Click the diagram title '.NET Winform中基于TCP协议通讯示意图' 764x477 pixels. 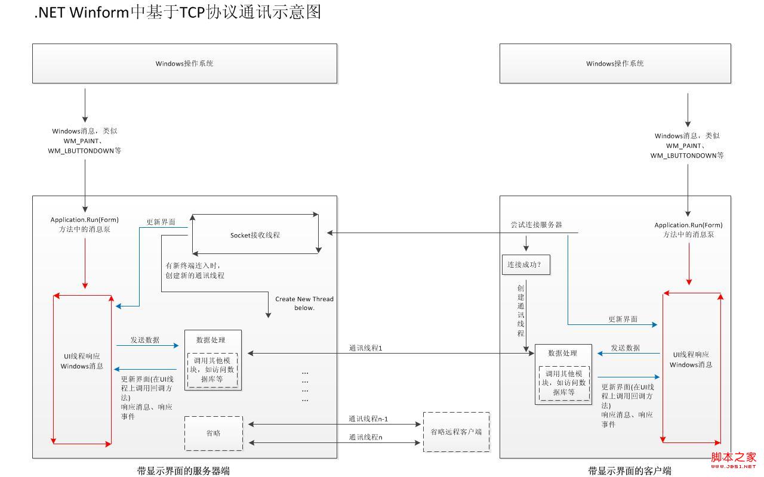coord(177,13)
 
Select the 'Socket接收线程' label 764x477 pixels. coord(255,235)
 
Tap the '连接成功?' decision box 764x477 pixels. coord(526,265)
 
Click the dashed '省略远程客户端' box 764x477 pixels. coord(457,432)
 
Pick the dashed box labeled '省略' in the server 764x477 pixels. coord(214,433)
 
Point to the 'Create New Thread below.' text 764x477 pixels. coord(304,303)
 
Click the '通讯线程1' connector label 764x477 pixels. coord(365,348)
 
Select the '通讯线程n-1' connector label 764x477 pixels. coord(368,419)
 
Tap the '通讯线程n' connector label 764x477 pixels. coord(365,437)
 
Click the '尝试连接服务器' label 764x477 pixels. coord(536,225)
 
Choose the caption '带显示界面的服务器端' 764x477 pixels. coord(183,471)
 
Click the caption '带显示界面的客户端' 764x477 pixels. coord(630,471)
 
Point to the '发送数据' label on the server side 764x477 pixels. coord(145,340)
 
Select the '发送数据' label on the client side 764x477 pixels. coord(625,348)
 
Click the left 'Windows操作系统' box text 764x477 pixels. coord(184,64)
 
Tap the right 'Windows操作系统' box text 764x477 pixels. coord(615,64)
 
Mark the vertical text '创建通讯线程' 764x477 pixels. coord(520,311)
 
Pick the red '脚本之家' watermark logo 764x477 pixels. coord(734,460)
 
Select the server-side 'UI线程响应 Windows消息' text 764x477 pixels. coord(82,361)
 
